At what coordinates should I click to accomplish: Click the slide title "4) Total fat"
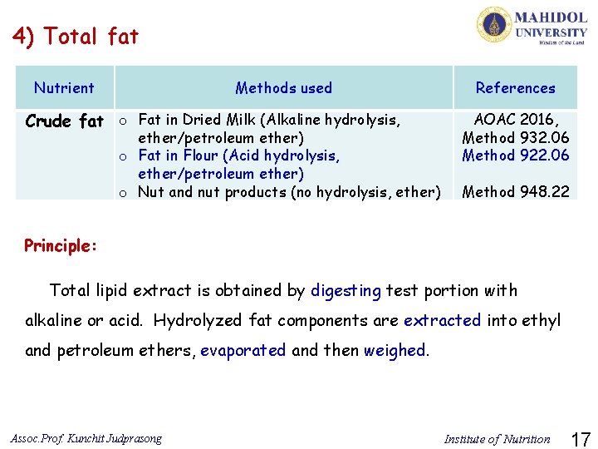75,37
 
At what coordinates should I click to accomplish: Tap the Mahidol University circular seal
493,24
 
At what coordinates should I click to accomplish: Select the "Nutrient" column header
64,87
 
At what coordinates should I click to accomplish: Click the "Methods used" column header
283,87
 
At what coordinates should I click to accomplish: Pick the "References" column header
515,87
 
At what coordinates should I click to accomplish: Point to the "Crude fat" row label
65,121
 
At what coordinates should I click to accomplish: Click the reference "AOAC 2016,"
516,120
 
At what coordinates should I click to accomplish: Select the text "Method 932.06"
516,137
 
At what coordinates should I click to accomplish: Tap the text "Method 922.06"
516,155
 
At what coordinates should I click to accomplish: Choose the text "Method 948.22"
516,192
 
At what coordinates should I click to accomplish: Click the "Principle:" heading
61,245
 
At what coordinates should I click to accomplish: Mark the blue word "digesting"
346,290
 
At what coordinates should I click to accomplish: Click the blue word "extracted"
442,320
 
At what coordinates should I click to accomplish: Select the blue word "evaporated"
243,350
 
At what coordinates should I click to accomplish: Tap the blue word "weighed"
395,350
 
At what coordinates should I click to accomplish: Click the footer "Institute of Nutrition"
497,439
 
